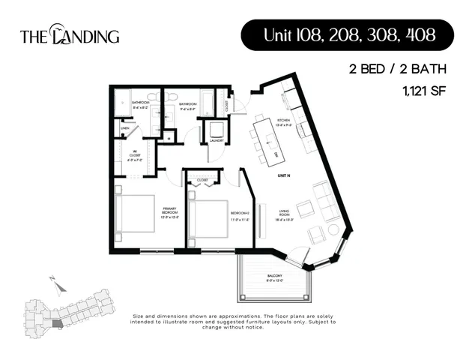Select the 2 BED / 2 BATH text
click(x=397, y=70)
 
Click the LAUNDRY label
click(x=218, y=140)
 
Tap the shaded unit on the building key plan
click(x=58, y=322)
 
